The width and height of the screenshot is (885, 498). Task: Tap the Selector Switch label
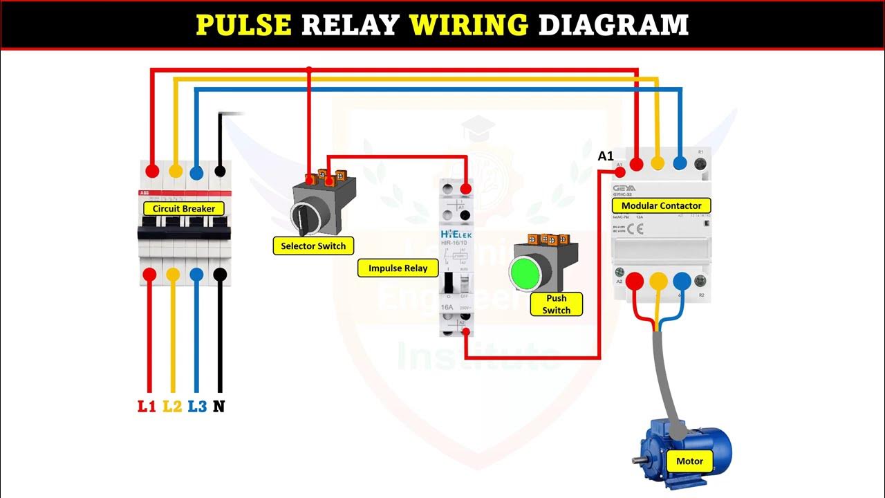point(313,246)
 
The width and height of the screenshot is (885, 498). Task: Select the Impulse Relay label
point(398,268)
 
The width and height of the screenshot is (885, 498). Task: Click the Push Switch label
point(556,304)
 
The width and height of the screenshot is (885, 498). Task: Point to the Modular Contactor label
point(661,205)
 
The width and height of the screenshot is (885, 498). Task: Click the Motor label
point(689,461)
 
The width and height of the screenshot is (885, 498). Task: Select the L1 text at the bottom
point(147,406)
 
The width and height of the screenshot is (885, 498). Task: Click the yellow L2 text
point(172,406)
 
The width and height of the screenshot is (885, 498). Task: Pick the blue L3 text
point(197,406)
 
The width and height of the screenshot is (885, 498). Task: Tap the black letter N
point(219,406)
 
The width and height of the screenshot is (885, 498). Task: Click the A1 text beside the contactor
point(606,156)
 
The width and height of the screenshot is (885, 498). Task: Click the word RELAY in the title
point(351,25)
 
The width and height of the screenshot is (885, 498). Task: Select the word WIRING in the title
point(469,25)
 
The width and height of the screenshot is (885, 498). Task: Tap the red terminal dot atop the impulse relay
point(466,189)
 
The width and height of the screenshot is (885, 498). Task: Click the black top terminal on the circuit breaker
point(220,170)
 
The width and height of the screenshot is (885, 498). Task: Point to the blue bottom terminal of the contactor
point(681,280)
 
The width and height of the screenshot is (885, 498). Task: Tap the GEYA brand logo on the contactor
point(624,188)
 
